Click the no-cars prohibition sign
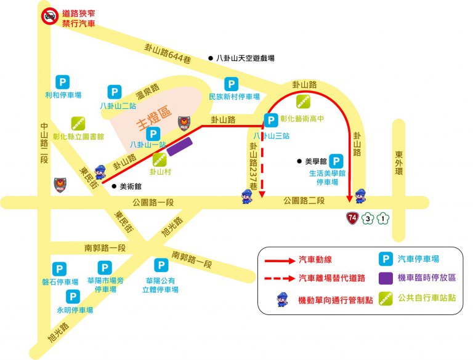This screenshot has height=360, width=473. point(49,16)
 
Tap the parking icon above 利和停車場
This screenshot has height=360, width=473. point(62,81)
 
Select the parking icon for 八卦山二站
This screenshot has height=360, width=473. point(115,92)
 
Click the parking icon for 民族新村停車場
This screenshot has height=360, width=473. point(231,84)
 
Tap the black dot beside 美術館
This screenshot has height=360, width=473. point(115,185)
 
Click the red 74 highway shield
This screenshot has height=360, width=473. point(352,218)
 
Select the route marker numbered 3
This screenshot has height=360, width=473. point(368,218)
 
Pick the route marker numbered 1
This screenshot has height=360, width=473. point(383,218)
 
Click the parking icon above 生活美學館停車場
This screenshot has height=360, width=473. point(336,160)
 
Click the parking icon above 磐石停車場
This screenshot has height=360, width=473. point(59,269)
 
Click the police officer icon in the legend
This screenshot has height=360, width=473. point(281,300)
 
